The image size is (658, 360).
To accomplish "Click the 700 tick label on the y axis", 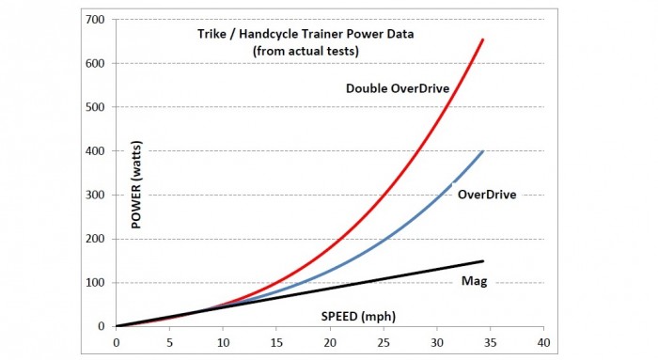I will click(94, 20).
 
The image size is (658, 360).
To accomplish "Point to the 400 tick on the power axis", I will click(94, 151).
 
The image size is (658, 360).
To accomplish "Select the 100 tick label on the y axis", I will click(94, 283).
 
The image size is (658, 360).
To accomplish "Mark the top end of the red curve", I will click(483, 39).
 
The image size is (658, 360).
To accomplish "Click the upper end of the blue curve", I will click(483, 151).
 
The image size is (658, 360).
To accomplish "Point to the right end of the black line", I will click(483, 261).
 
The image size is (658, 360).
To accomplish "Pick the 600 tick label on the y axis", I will click(94, 64).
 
